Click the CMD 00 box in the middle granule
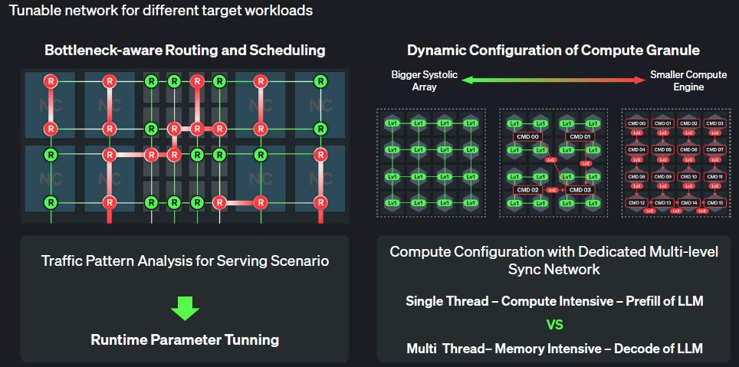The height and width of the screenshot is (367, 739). click(x=528, y=138)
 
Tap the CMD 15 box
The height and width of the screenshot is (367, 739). click(x=714, y=202)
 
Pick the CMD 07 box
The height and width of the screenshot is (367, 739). click(x=714, y=149)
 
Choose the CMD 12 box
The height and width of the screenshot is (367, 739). click(x=636, y=202)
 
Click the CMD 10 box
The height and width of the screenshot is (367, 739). click(x=688, y=176)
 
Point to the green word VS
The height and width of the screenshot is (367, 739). click(x=554, y=325)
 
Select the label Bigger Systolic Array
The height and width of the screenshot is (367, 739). click(x=417, y=80)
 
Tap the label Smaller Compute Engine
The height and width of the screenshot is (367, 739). click(x=677, y=80)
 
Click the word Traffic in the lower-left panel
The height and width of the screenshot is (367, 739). click(x=63, y=261)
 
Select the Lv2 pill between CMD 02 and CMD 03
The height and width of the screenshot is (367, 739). click(x=552, y=189)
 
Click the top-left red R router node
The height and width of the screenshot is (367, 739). click(x=51, y=80)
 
